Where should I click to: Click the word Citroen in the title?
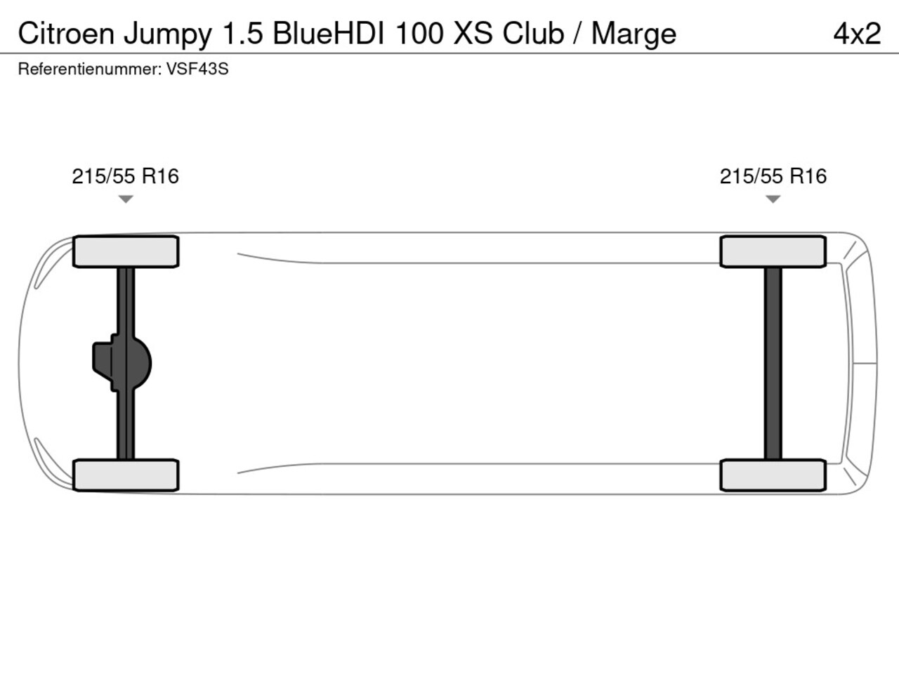66,33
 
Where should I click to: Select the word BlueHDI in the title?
329,33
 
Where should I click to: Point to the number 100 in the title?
419,33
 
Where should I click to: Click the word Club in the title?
533,33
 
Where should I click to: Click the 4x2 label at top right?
857,34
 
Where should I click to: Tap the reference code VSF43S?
197,70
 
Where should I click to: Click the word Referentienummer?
90,70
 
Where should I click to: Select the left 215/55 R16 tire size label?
125,176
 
